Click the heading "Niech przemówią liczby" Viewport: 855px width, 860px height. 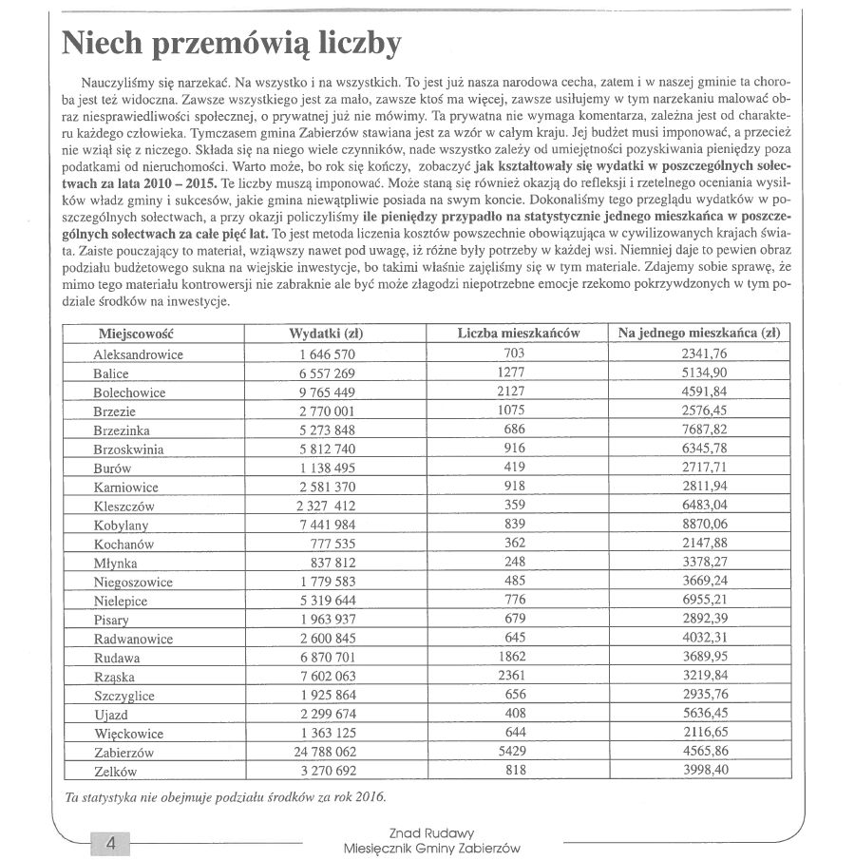(230, 43)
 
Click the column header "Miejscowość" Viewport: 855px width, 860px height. (138, 334)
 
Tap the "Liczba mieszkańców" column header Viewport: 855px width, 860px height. (518, 334)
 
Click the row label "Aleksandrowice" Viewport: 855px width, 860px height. (138, 354)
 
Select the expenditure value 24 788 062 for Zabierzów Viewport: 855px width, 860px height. (327, 752)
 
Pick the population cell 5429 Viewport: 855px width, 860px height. (516, 752)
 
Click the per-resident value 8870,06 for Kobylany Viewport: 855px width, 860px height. (704, 525)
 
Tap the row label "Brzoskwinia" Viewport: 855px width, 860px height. (128, 449)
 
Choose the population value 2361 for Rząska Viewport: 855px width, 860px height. (516, 676)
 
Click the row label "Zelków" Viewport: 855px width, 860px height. (115, 771)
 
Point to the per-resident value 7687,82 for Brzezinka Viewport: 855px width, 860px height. (704, 430)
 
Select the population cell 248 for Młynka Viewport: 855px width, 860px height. (516, 563)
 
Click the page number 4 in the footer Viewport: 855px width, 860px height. (110, 843)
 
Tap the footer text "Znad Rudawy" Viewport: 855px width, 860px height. (431, 832)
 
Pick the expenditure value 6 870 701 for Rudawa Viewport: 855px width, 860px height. (327, 657)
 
